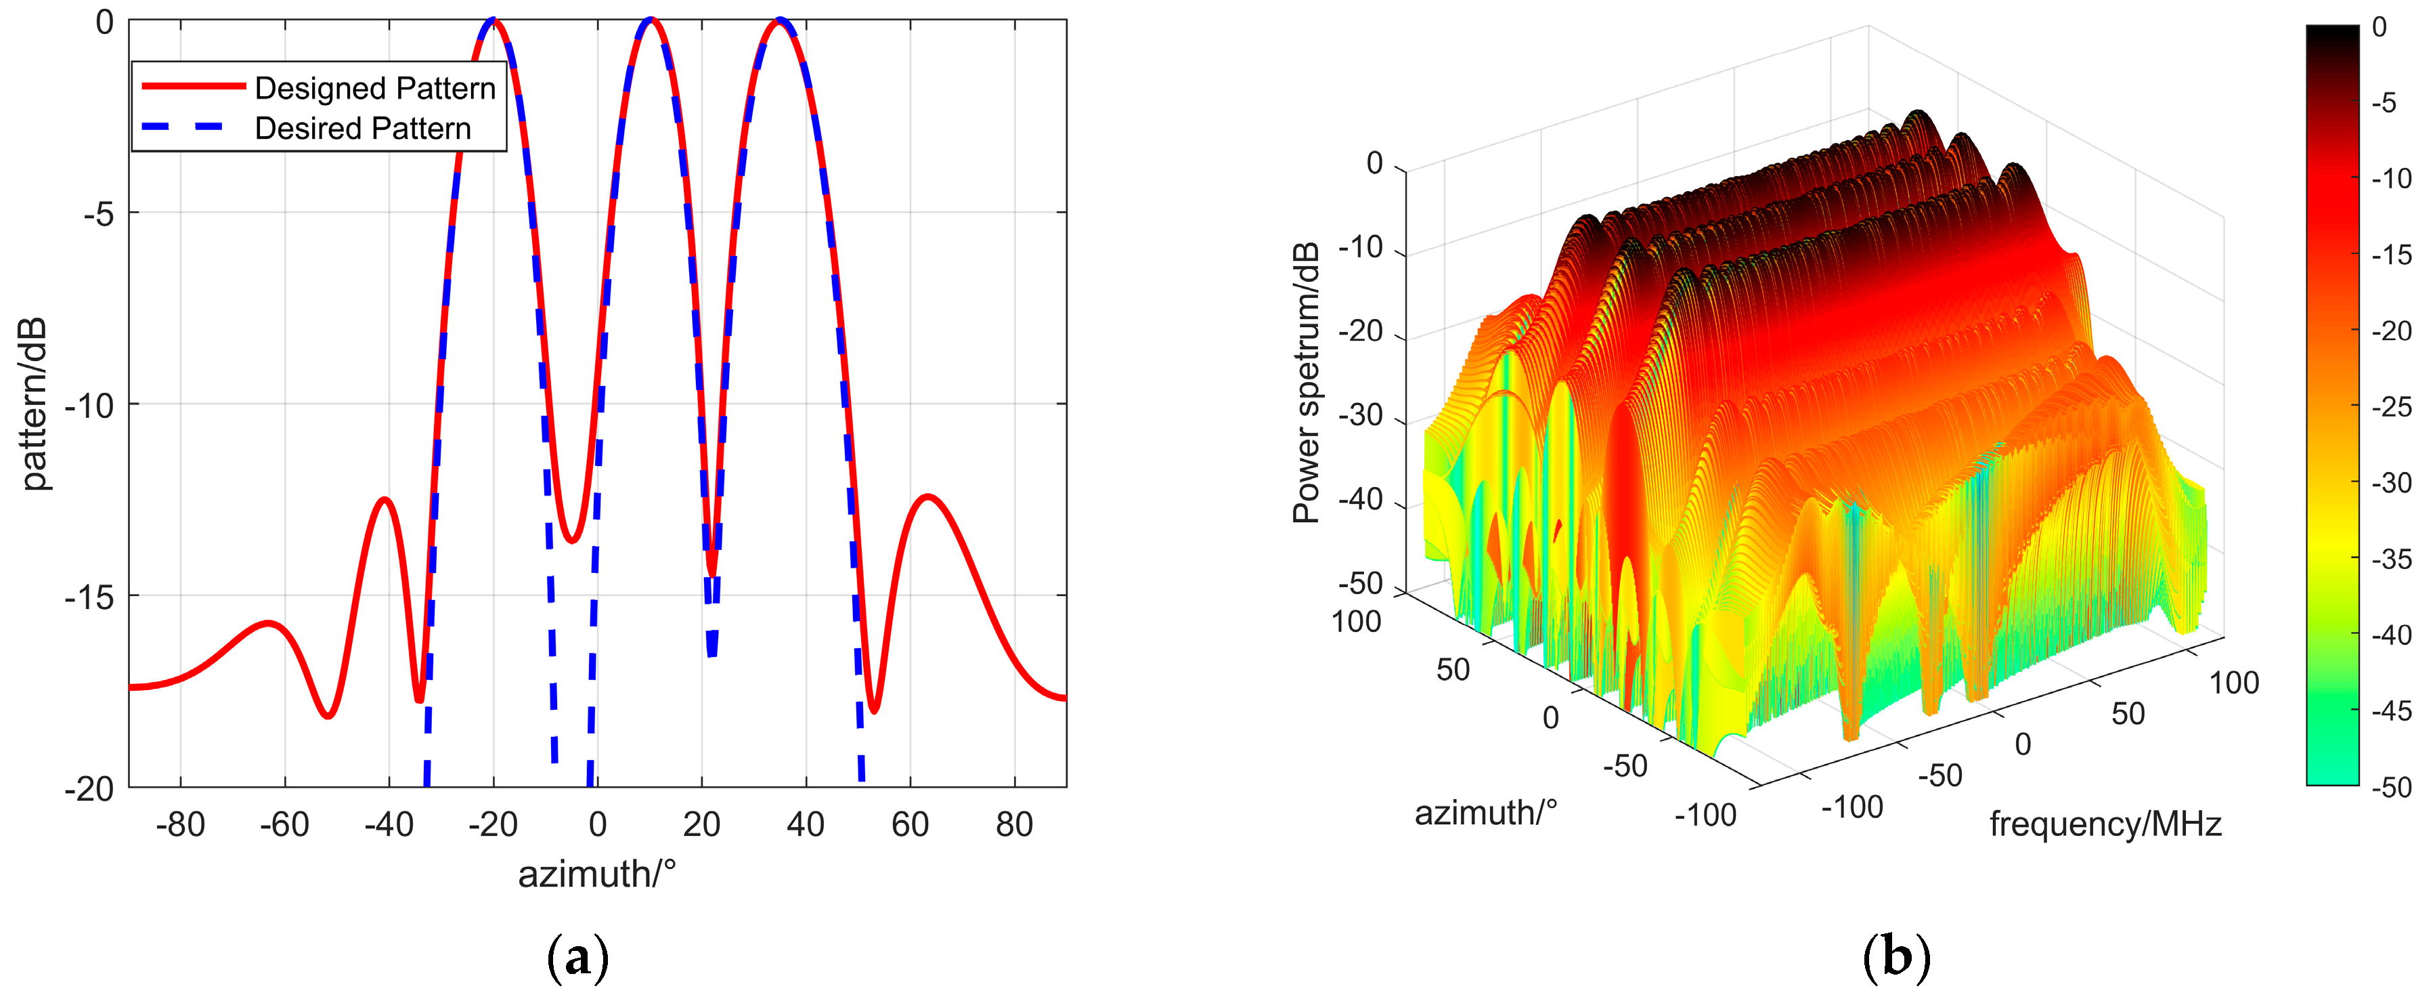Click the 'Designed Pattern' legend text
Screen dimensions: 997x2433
(x=375, y=88)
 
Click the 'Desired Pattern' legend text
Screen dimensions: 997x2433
(x=363, y=129)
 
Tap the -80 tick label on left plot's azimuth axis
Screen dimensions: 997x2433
(x=179, y=825)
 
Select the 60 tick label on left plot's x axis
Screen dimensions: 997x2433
(x=910, y=825)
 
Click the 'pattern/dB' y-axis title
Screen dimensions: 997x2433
(x=33, y=404)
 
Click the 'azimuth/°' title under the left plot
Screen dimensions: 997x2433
(x=597, y=874)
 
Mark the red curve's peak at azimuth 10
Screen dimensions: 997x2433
(x=650, y=20)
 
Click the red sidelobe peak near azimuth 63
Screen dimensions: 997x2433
(x=928, y=496)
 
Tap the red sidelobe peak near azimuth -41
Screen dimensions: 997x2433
(x=385, y=499)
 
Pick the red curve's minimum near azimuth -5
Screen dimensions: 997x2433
(x=571, y=540)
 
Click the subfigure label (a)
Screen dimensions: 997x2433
(x=578, y=957)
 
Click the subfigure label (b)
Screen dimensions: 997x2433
(x=1895, y=957)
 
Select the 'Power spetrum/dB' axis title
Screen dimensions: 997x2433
(x=1307, y=382)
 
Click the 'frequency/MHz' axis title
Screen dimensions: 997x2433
(x=2105, y=825)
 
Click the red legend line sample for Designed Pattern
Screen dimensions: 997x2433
(x=194, y=86)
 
